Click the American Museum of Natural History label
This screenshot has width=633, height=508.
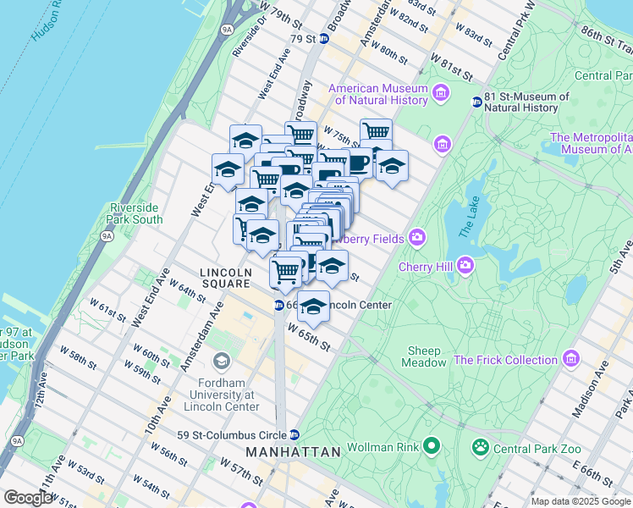pos(378,94)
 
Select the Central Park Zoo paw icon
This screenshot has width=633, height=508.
pos(481,445)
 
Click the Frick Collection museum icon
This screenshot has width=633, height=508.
pos(570,360)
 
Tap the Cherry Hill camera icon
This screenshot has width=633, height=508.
pos(465,268)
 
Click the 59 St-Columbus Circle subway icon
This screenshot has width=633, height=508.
pos(294,435)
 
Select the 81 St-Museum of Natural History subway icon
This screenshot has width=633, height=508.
pos(477,102)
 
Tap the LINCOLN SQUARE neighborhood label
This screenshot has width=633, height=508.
pos(225,278)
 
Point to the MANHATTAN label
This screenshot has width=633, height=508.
pos(294,452)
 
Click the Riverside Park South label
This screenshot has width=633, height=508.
pos(135,213)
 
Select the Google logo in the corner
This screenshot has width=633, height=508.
pos(27,498)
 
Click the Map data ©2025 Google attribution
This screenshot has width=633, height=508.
pos(580,501)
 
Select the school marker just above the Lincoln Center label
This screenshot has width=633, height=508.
pos(314,307)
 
